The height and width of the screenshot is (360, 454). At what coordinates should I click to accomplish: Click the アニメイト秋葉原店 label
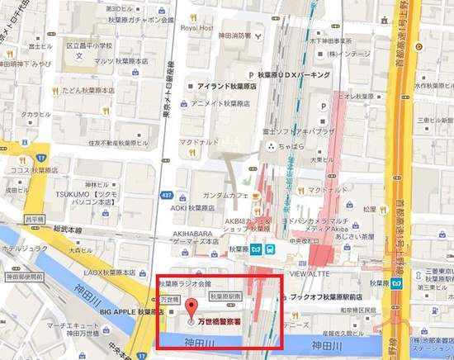(x=223, y=103)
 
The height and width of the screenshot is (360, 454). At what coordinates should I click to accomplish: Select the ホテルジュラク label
(x=23, y=246)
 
